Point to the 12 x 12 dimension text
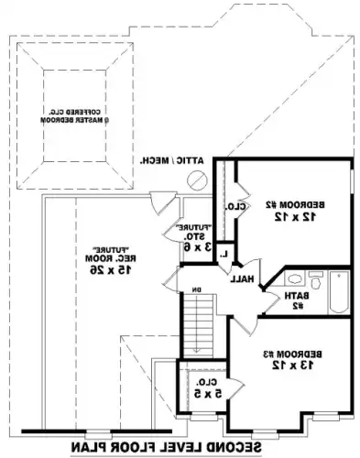tap(291, 218)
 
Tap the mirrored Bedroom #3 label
tap(291, 354)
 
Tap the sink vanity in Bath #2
tap(294, 280)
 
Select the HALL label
tap(243, 278)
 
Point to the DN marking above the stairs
tap(194, 291)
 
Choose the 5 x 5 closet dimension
tap(211, 394)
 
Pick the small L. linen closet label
tap(224, 252)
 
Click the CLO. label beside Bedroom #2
tap(234, 207)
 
